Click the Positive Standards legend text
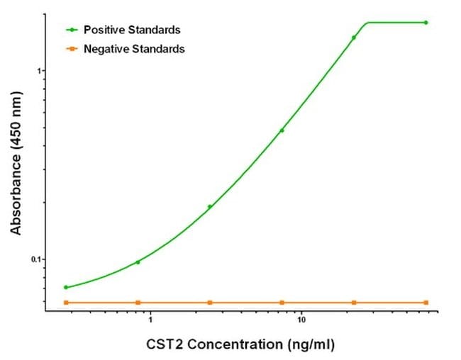132,30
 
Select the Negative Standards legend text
134,49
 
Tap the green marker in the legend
72,30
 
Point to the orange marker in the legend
72,49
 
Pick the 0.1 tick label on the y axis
38,259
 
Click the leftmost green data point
66,287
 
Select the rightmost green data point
426,23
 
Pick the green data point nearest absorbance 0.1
138,262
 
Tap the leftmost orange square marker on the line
66,303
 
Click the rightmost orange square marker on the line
426,303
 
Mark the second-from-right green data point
354,38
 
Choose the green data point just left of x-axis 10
282,130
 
